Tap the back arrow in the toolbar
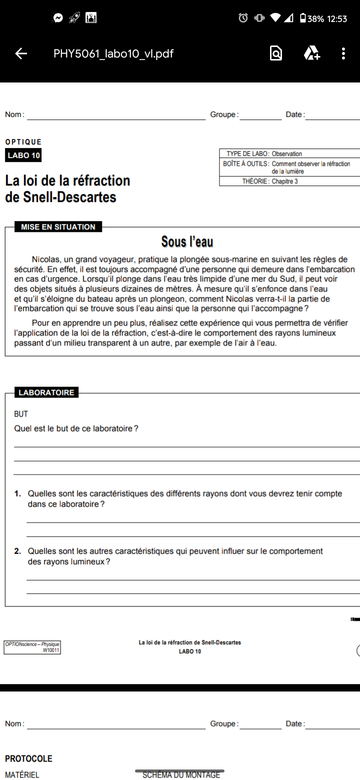click(21, 53)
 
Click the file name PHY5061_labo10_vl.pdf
click(113, 53)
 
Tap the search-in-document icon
click(275, 53)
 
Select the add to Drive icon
click(311, 53)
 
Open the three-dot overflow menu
click(343, 53)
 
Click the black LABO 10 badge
click(23, 155)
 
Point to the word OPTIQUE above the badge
click(23, 142)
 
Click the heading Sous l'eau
click(187, 242)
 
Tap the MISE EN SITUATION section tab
click(58, 227)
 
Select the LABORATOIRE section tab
click(46, 392)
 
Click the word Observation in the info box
click(286, 154)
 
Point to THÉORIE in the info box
click(255, 181)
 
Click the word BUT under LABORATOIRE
click(21, 414)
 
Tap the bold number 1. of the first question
click(17, 493)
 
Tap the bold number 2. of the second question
click(17, 551)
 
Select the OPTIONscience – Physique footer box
click(32, 647)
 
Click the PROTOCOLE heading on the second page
click(28, 758)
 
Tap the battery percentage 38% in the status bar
click(315, 19)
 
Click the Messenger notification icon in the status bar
click(58, 18)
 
